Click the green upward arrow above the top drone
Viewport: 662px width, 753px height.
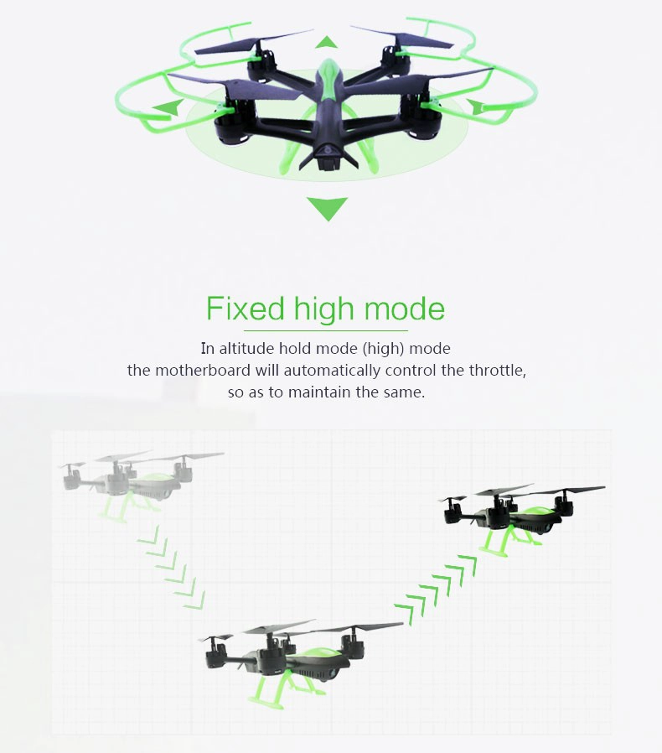328,42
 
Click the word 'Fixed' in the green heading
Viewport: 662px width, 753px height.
246,309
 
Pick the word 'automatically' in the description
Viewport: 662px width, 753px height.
318,371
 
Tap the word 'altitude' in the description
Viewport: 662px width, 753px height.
246,348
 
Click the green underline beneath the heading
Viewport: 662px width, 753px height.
326,331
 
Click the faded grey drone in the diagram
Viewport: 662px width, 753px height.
139,484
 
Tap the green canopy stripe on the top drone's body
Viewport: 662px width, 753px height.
328,79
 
